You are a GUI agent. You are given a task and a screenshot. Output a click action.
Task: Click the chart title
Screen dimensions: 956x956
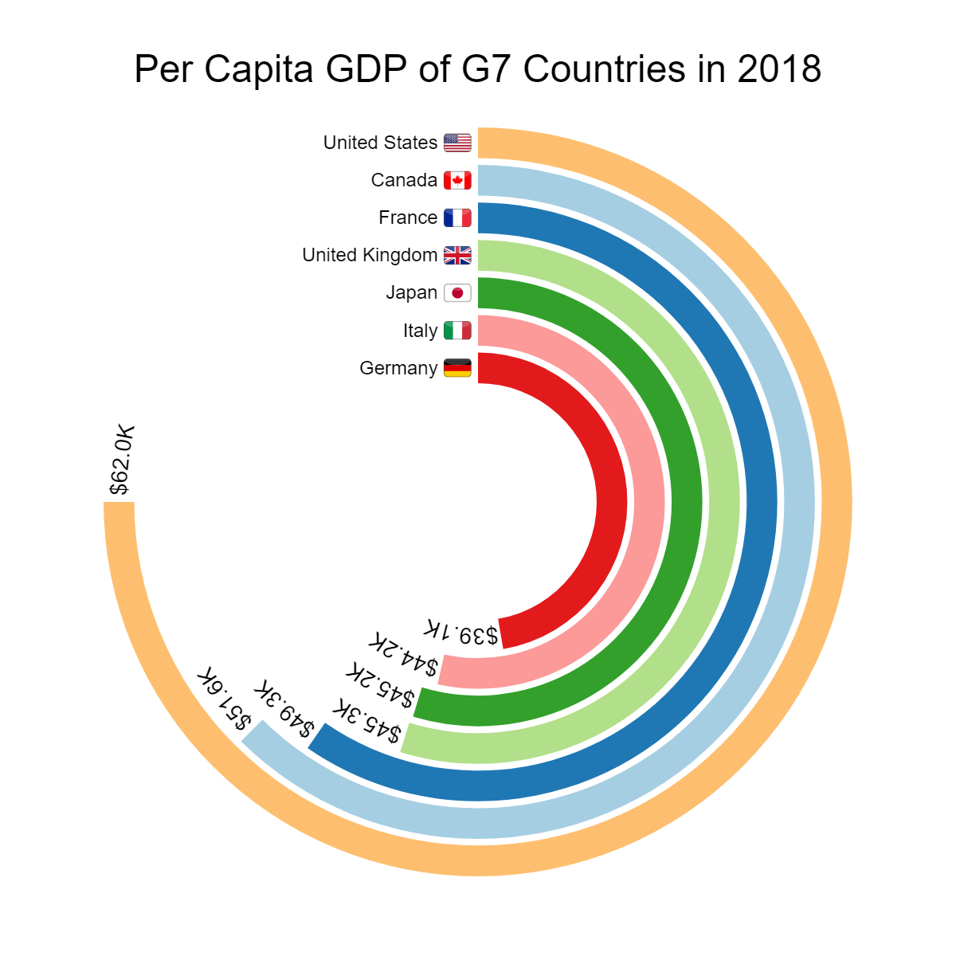[477, 69]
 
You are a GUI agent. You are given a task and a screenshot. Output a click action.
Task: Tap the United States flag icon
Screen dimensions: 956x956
[457, 143]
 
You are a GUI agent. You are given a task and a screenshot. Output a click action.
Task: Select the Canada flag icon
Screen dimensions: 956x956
[457, 180]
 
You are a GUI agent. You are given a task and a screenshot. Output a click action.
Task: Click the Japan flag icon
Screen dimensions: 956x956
[457, 293]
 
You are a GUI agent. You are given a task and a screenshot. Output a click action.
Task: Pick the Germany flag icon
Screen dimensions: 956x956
[457, 368]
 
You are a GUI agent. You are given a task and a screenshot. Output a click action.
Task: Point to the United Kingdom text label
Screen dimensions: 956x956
[370, 255]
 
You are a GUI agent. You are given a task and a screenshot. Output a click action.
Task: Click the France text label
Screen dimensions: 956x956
[408, 217]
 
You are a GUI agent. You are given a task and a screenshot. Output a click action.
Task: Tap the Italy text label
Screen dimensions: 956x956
[420, 331]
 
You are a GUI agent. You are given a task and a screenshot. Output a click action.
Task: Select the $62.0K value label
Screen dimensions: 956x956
[122, 460]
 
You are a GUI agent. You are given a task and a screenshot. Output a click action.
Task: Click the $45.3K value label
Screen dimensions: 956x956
[366, 721]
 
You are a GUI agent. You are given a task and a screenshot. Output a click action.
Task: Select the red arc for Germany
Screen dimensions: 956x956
[612, 502]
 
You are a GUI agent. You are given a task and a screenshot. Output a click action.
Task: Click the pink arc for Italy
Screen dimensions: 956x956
[648, 502]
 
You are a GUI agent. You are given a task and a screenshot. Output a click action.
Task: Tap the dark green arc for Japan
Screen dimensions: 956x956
[686, 502]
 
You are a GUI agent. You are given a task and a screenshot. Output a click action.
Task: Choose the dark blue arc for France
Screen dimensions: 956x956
[761, 502]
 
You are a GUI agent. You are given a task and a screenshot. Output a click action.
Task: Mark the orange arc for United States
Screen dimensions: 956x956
[836, 502]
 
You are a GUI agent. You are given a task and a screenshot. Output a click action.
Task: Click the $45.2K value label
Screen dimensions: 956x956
[380, 686]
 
